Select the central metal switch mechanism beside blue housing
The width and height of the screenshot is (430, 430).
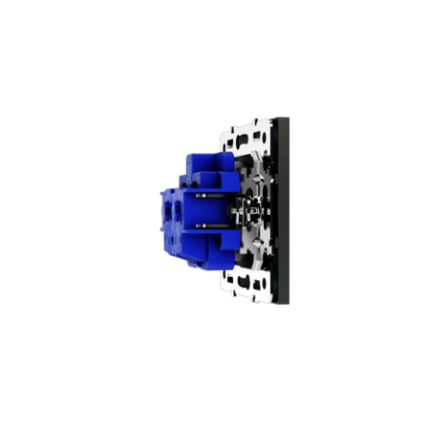(250, 209)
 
